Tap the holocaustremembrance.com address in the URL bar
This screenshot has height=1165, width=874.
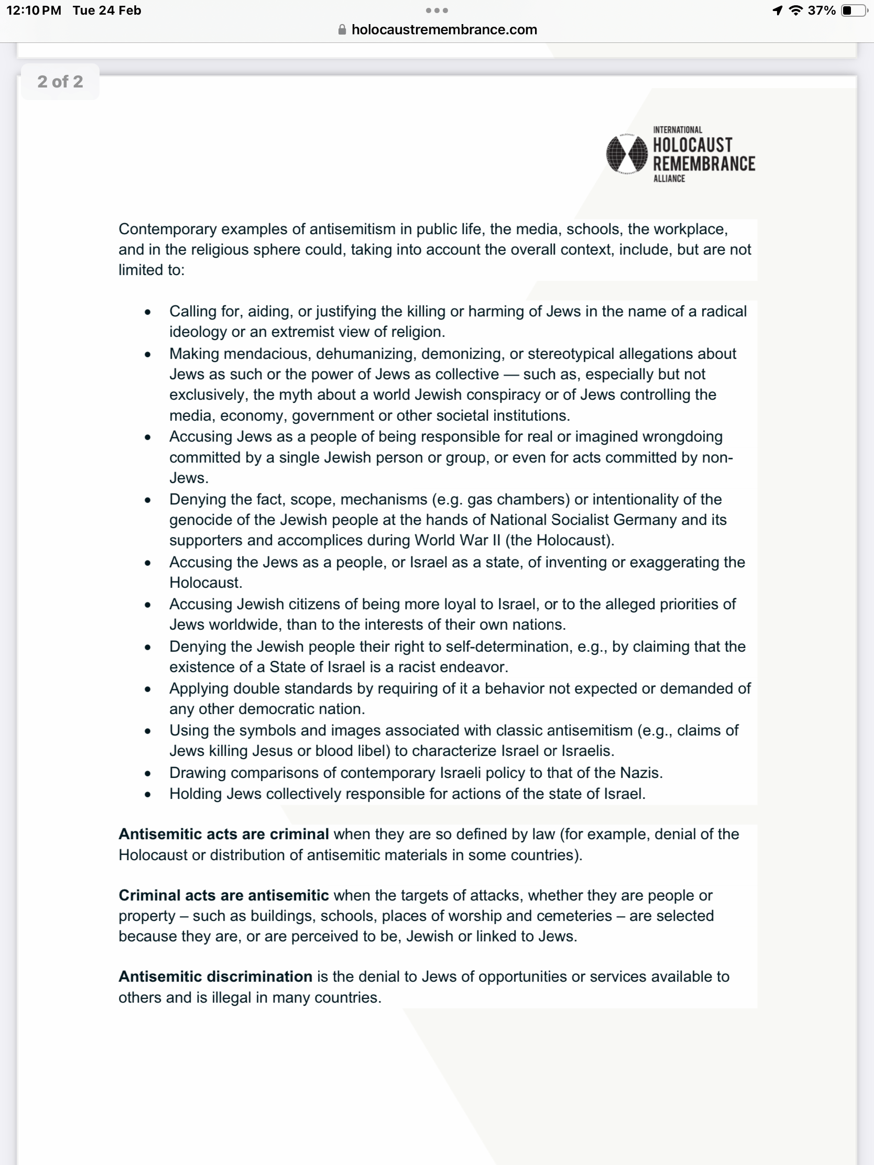point(444,29)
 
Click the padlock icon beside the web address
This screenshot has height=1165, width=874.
point(342,29)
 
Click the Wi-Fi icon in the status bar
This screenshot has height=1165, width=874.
point(795,10)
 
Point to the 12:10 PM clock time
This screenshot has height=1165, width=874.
point(34,10)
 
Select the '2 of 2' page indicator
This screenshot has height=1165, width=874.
point(60,82)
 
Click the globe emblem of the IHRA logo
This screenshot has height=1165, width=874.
point(626,154)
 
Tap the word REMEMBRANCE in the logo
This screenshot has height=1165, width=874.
point(704,164)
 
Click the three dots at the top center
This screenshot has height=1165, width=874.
point(436,10)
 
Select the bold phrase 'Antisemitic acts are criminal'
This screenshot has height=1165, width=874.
point(223,834)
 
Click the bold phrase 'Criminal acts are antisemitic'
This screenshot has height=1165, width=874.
point(223,895)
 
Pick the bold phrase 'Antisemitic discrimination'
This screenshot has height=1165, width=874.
point(215,976)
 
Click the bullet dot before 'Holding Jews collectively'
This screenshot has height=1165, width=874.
point(148,794)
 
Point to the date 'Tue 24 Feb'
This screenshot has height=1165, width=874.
point(107,10)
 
